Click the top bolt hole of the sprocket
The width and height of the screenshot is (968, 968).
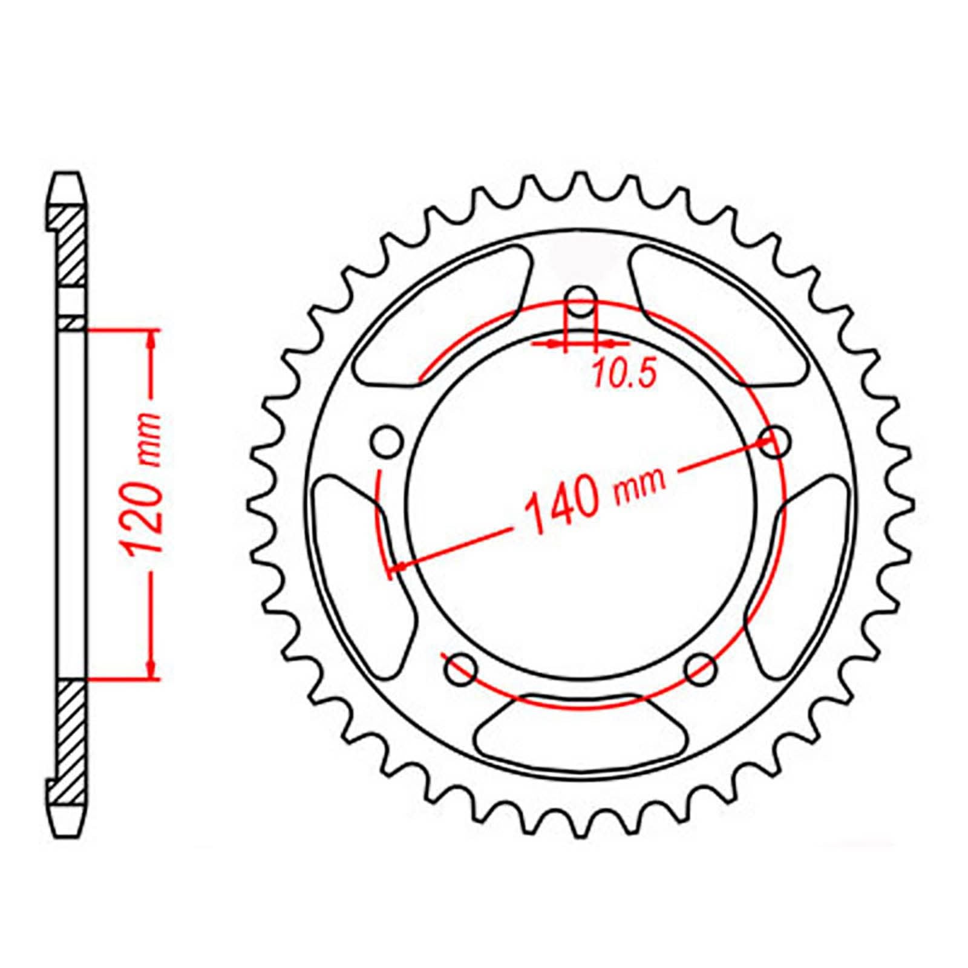pos(581,301)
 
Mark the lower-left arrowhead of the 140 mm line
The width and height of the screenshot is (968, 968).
pos(399,566)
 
